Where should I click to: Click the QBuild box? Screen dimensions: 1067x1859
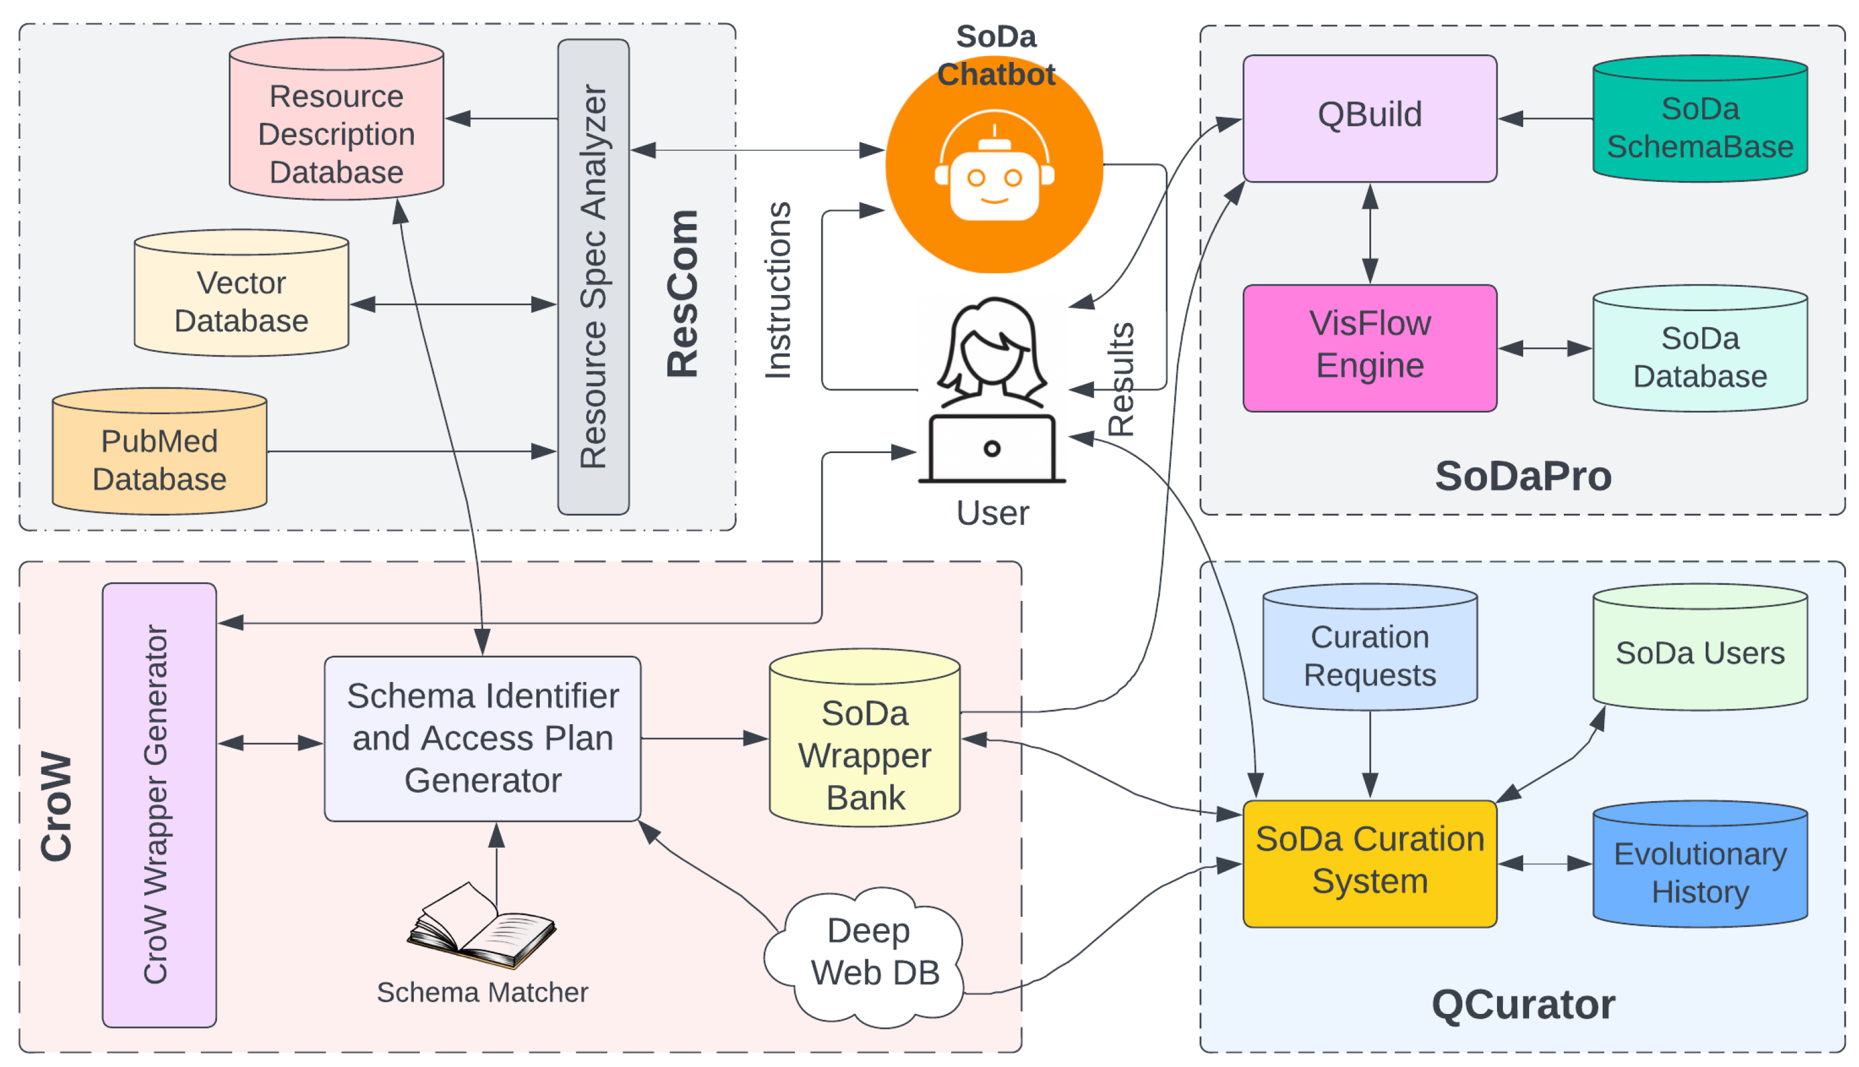[1369, 117]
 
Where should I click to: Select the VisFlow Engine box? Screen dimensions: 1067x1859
[1369, 348]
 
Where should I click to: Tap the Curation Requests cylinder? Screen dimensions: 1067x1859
[1369, 649]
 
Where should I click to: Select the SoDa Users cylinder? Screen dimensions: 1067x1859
[1699, 649]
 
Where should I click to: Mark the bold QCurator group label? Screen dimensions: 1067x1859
[1523, 1003]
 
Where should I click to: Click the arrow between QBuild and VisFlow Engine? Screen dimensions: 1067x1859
[1369, 233]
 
